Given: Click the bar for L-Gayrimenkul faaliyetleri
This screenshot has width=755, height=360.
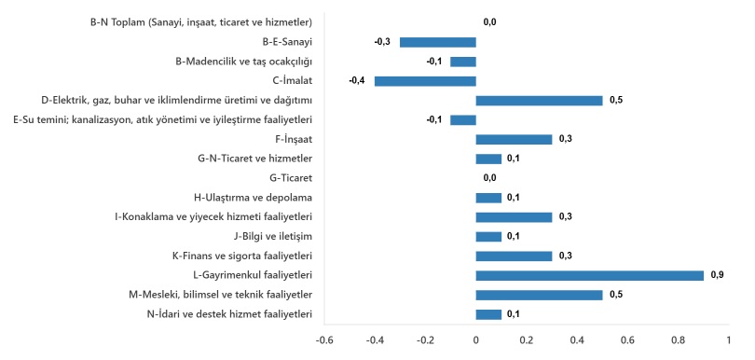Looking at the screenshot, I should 589,275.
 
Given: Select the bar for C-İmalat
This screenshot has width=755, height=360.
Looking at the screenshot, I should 425,81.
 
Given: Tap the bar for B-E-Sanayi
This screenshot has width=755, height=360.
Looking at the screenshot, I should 438,42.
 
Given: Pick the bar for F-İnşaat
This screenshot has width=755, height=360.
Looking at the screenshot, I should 514,139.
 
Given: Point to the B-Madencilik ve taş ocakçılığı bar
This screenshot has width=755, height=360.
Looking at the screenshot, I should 463,62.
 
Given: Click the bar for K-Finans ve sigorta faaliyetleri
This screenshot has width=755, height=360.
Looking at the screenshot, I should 514,256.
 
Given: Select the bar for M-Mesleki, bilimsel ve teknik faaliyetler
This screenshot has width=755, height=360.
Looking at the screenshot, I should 539,295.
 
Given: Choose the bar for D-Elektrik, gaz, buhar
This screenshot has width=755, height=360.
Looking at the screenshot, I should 539,100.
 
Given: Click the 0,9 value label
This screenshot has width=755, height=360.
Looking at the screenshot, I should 718,275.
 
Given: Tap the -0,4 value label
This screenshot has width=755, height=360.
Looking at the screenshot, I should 356,81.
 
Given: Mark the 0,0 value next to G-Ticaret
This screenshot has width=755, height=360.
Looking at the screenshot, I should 490,177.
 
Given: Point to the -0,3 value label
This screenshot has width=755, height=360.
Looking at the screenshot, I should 381,42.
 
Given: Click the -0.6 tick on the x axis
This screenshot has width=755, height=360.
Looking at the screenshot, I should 324,340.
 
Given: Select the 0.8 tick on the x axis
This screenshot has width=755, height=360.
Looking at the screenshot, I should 678,340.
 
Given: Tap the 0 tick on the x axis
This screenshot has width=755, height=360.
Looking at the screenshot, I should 476,340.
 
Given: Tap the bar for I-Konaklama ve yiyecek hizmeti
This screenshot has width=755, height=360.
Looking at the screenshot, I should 514,216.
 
